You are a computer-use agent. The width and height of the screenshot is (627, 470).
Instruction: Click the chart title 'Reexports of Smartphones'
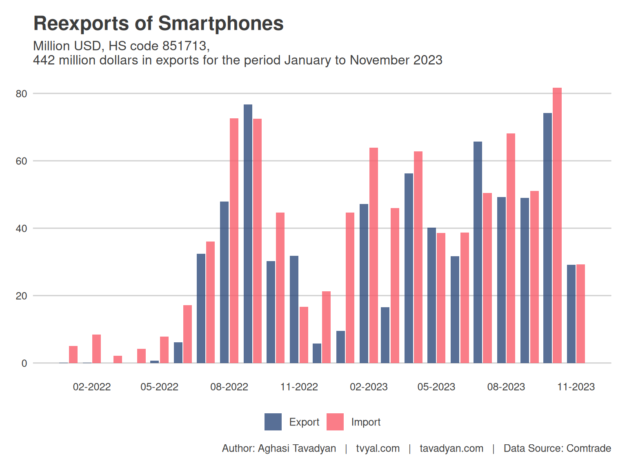click(x=158, y=24)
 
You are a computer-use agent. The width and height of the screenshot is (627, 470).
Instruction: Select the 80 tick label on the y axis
click(x=21, y=94)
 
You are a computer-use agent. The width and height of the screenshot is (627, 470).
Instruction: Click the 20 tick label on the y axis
click(x=21, y=296)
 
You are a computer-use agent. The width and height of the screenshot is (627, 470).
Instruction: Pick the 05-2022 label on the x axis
click(x=159, y=387)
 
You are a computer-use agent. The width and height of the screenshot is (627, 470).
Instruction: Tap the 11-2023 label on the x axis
click(x=576, y=387)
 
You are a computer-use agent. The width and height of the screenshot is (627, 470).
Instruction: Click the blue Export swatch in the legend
click(x=273, y=422)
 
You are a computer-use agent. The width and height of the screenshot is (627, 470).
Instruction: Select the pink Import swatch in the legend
click(x=335, y=422)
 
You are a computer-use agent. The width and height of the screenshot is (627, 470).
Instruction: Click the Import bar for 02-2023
click(x=374, y=255)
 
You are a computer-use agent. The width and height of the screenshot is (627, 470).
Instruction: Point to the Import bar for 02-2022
click(x=96, y=349)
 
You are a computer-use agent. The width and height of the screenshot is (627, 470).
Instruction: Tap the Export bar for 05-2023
click(x=431, y=295)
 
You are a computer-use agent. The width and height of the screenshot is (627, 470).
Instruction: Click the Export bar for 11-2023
click(x=571, y=314)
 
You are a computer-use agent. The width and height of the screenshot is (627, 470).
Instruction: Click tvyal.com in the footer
click(x=378, y=448)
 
